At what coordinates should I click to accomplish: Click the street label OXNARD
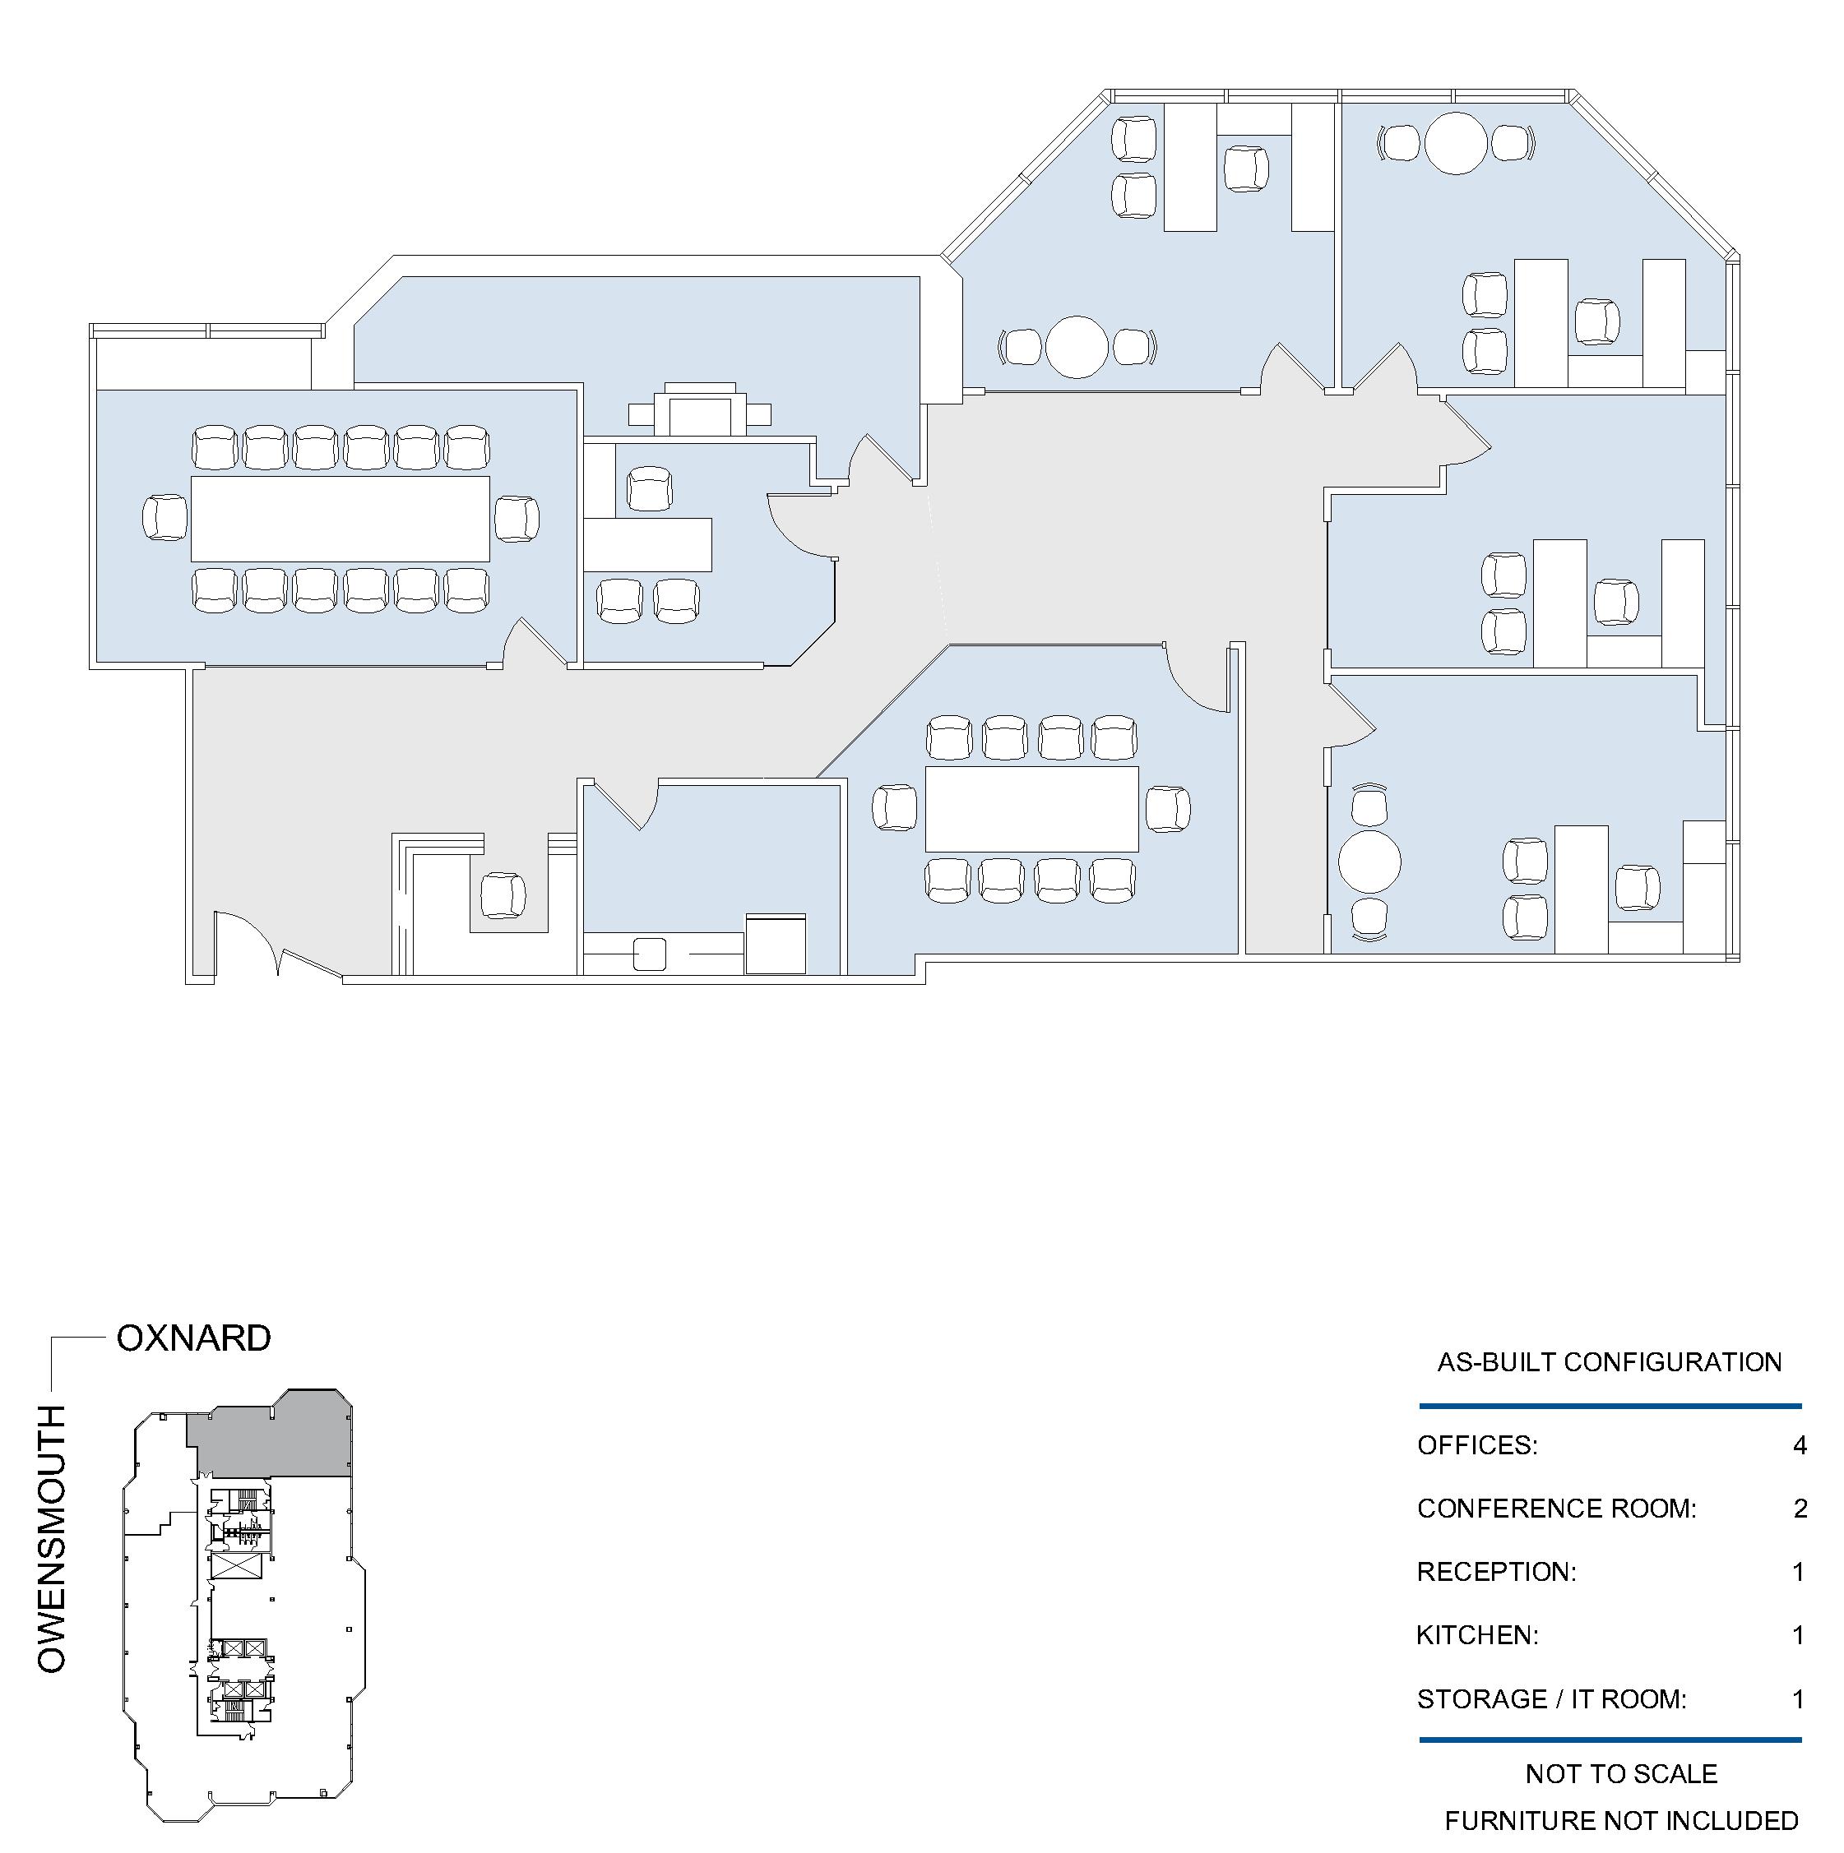click(194, 1338)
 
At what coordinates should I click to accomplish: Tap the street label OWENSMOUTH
click(51, 1539)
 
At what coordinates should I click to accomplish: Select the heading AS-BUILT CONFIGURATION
click(1609, 1362)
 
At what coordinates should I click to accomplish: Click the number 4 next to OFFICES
click(1800, 1444)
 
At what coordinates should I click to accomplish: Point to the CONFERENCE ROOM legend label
click(1556, 1509)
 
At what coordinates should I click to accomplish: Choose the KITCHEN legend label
click(1477, 1634)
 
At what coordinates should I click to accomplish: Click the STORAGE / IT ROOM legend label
click(1551, 1698)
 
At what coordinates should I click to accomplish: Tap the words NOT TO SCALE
click(1621, 1773)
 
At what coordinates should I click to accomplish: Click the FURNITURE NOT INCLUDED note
click(1621, 1820)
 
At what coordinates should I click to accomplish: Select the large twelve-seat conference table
click(341, 519)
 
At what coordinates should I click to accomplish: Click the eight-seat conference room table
click(1031, 809)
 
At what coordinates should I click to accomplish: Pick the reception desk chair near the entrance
click(503, 894)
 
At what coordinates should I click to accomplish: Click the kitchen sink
click(650, 954)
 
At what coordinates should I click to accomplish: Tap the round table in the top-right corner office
click(1457, 143)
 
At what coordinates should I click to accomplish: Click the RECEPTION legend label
click(1497, 1572)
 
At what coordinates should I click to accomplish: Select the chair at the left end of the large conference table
click(164, 518)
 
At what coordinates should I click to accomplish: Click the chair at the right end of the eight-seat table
click(1168, 809)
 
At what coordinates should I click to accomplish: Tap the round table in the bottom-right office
click(1369, 862)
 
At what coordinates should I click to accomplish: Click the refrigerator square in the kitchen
click(776, 944)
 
